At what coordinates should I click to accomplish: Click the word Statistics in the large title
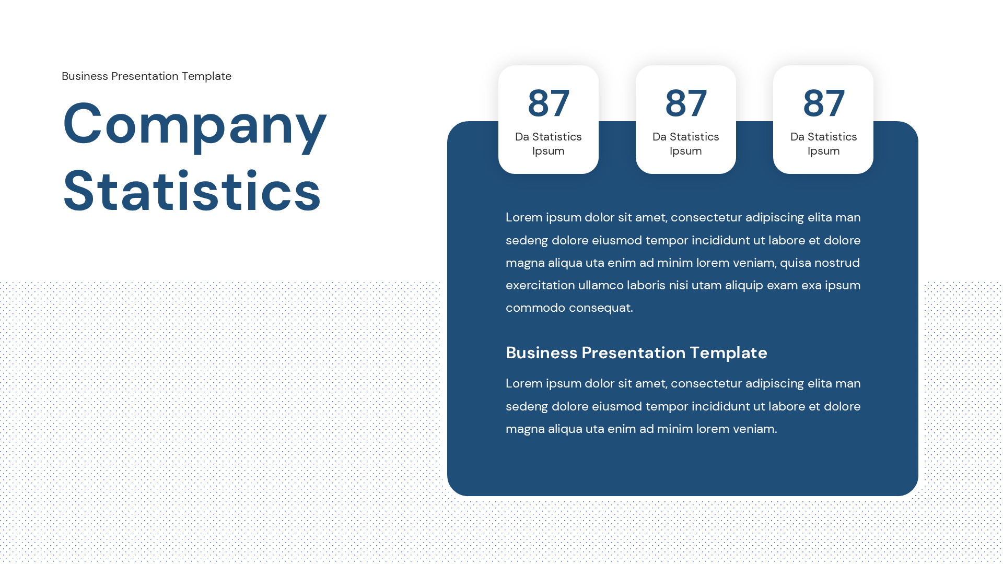192,192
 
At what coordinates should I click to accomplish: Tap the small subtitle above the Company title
146,76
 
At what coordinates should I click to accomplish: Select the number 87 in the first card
548,103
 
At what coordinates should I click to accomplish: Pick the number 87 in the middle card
685,103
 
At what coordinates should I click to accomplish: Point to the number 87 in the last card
823,103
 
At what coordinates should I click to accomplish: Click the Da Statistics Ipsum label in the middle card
685,144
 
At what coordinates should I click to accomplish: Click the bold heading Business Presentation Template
636,353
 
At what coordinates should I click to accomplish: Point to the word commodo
535,308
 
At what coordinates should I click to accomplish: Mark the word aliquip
744,286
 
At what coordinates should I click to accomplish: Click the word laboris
646,286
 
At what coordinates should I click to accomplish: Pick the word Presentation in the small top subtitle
145,76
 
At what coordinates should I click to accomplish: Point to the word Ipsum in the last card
823,151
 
